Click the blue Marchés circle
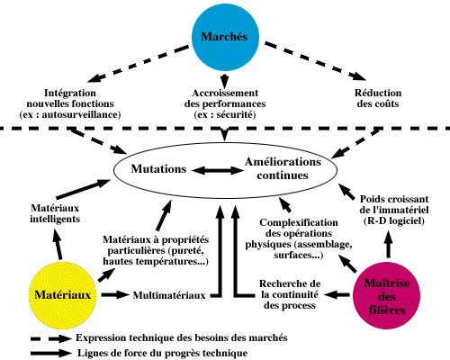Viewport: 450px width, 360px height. (225, 37)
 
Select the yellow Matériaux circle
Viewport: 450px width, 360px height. (63, 295)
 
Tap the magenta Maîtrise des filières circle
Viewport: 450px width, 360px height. (386, 296)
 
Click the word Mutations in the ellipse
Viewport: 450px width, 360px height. (158, 169)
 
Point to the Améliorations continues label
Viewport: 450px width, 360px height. (283, 168)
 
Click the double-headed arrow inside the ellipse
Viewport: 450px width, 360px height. (218, 171)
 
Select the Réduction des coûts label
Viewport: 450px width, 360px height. (378, 98)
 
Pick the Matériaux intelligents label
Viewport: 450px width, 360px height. (55, 213)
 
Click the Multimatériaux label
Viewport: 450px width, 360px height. (169, 295)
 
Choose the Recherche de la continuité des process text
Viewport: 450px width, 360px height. (290, 294)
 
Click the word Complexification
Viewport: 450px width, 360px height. (299, 222)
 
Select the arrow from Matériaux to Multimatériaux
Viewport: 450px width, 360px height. (115, 295)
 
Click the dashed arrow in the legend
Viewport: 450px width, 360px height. (51, 338)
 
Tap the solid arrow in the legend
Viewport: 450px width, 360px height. (51, 353)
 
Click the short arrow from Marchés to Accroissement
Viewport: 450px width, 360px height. (224, 80)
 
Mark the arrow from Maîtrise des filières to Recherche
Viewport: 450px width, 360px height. (337, 295)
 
